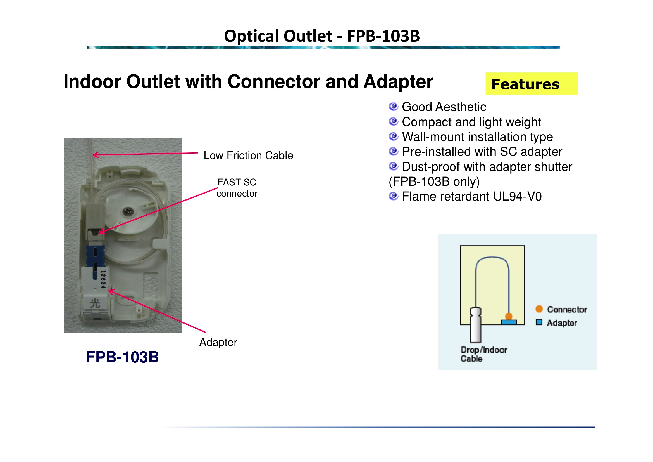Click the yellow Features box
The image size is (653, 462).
[531, 84]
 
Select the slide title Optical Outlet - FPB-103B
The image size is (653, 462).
[322, 36]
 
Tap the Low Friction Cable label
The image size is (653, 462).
[248, 155]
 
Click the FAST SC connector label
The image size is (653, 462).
[237, 188]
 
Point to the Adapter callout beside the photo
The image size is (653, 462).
[218, 342]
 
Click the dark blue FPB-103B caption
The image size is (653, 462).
[122, 357]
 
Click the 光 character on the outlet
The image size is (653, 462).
[95, 303]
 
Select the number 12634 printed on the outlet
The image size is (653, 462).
[103, 279]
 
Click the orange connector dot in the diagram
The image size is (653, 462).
[509, 316]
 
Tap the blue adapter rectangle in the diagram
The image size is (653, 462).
[509, 322]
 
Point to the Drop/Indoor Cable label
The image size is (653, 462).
[484, 354]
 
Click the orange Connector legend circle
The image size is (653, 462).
[539, 309]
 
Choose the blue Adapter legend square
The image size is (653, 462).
[539, 322]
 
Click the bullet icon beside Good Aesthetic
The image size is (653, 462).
[393, 107]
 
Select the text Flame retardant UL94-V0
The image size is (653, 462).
[472, 197]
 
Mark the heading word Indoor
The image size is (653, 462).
[93, 82]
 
